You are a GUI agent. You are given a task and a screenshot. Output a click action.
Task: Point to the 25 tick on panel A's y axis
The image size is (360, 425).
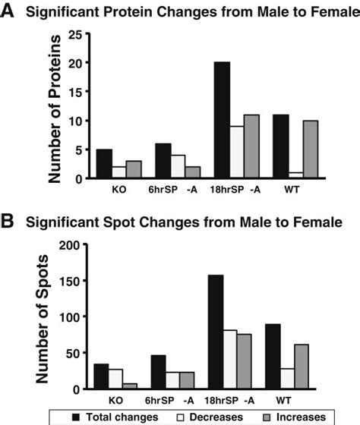click(75, 34)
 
